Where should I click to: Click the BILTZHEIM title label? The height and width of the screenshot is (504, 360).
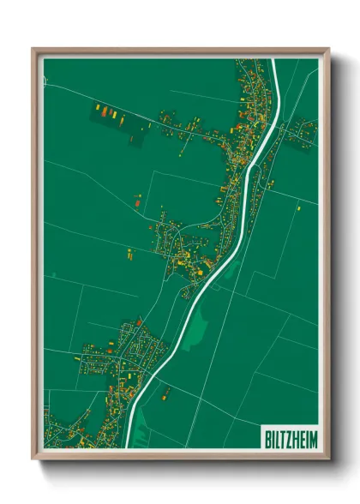(287, 437)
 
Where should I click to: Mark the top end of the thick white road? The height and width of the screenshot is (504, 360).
(275, 61)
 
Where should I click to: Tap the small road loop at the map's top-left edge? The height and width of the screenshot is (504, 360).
(47, 82)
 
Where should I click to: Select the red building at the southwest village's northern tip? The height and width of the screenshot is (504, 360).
(139, 322)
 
